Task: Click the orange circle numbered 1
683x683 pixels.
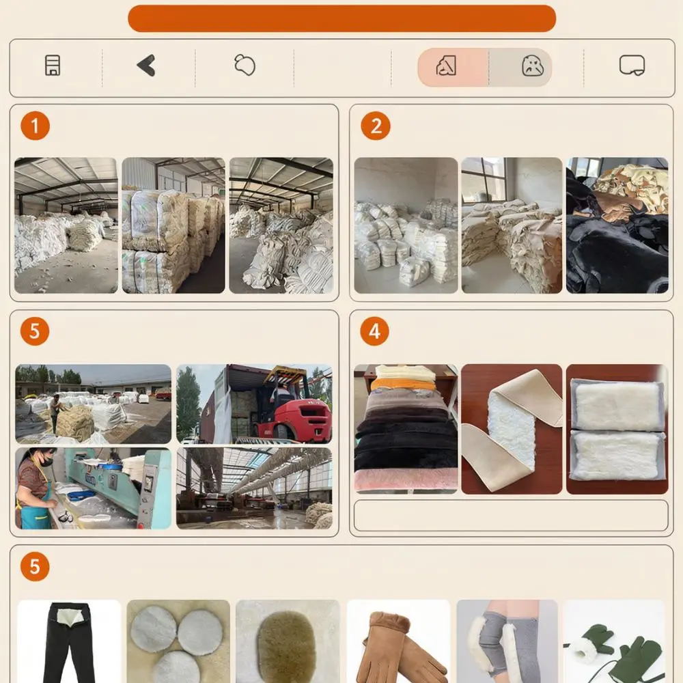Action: (36, 126)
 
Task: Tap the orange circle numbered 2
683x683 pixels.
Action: (376, 126)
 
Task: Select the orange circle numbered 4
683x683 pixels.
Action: (374, 331)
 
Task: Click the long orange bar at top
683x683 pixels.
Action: (342, 18)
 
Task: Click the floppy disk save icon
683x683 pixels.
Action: (53, 66)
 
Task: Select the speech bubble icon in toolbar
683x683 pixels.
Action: (632, 66)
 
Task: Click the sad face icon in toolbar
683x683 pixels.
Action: (532, 66)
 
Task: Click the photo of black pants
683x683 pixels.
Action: (69, 641)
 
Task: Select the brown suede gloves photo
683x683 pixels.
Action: (399, 641)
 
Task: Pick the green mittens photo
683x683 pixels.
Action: (614, 641)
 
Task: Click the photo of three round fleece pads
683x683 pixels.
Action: (178, 641)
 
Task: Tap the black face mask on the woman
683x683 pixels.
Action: (45, 460)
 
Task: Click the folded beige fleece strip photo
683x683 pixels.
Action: (512, 429)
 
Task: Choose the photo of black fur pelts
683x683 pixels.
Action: (617, 225)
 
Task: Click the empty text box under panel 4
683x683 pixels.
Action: (511, 516)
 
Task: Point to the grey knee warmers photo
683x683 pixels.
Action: (507, 641)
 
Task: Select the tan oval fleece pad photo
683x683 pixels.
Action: (288, 641)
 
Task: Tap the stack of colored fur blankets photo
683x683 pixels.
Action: (406, 429)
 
